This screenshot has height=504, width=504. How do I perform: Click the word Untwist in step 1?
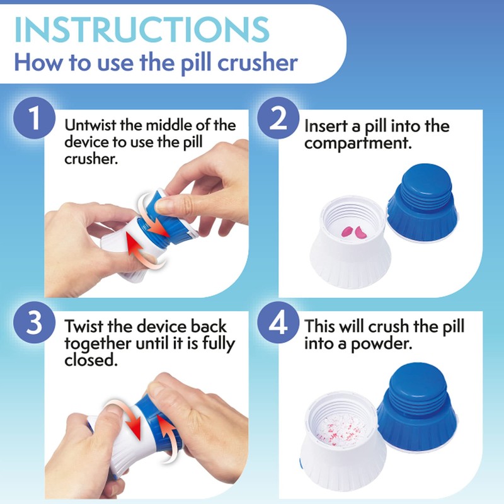(87, 125)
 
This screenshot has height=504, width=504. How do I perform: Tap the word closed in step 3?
(83, 362)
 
